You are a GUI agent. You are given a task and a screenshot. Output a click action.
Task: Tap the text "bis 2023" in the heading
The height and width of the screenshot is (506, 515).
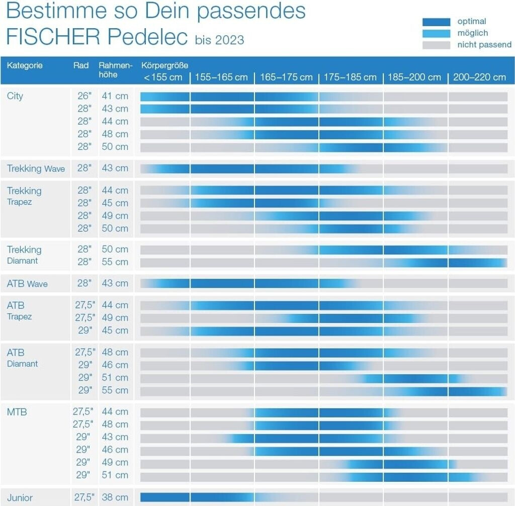tap(219, 40)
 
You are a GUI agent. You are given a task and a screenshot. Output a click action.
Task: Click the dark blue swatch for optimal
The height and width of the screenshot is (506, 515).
tap(436, 22)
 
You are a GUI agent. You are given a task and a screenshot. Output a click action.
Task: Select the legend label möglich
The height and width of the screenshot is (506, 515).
tap(472, 33)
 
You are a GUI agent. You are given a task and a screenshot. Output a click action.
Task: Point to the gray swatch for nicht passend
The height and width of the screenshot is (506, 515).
tap(436, 45)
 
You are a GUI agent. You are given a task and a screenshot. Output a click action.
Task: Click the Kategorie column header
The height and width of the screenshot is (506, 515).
tap(25, 65)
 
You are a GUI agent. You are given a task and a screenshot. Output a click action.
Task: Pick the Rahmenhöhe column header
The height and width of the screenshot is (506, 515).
tap(115, 70)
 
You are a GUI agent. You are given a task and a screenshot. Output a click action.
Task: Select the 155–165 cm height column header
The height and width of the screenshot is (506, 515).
tap(221, 77)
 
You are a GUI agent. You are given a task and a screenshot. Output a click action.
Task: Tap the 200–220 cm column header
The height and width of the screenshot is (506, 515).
tap(479, 77)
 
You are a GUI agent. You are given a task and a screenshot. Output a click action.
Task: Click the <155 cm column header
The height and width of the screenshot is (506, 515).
tap(163, 77)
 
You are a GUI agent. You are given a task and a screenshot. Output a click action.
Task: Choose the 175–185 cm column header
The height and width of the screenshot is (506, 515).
tap(350, 77)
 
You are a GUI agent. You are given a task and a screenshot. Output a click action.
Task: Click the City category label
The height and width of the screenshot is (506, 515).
tap(15, 96)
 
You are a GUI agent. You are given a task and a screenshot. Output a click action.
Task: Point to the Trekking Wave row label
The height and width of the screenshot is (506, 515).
tap(36, 168)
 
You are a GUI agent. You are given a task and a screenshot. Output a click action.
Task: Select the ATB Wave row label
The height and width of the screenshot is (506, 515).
tap(27, 284)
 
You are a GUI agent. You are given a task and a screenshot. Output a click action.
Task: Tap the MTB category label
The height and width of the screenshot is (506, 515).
tap(17, 412)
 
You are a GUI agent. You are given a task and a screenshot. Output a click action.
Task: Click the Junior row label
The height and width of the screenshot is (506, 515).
tap(20, 497)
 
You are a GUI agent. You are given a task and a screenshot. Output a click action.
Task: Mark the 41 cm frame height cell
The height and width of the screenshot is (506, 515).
tap(115, 96)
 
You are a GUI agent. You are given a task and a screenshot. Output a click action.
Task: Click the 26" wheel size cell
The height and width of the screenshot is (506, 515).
tap(84, 96)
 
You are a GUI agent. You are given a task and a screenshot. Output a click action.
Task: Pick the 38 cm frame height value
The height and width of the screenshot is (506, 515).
tap(115, 497)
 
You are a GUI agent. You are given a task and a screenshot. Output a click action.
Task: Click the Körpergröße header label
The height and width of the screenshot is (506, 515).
tap(165, 65)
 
